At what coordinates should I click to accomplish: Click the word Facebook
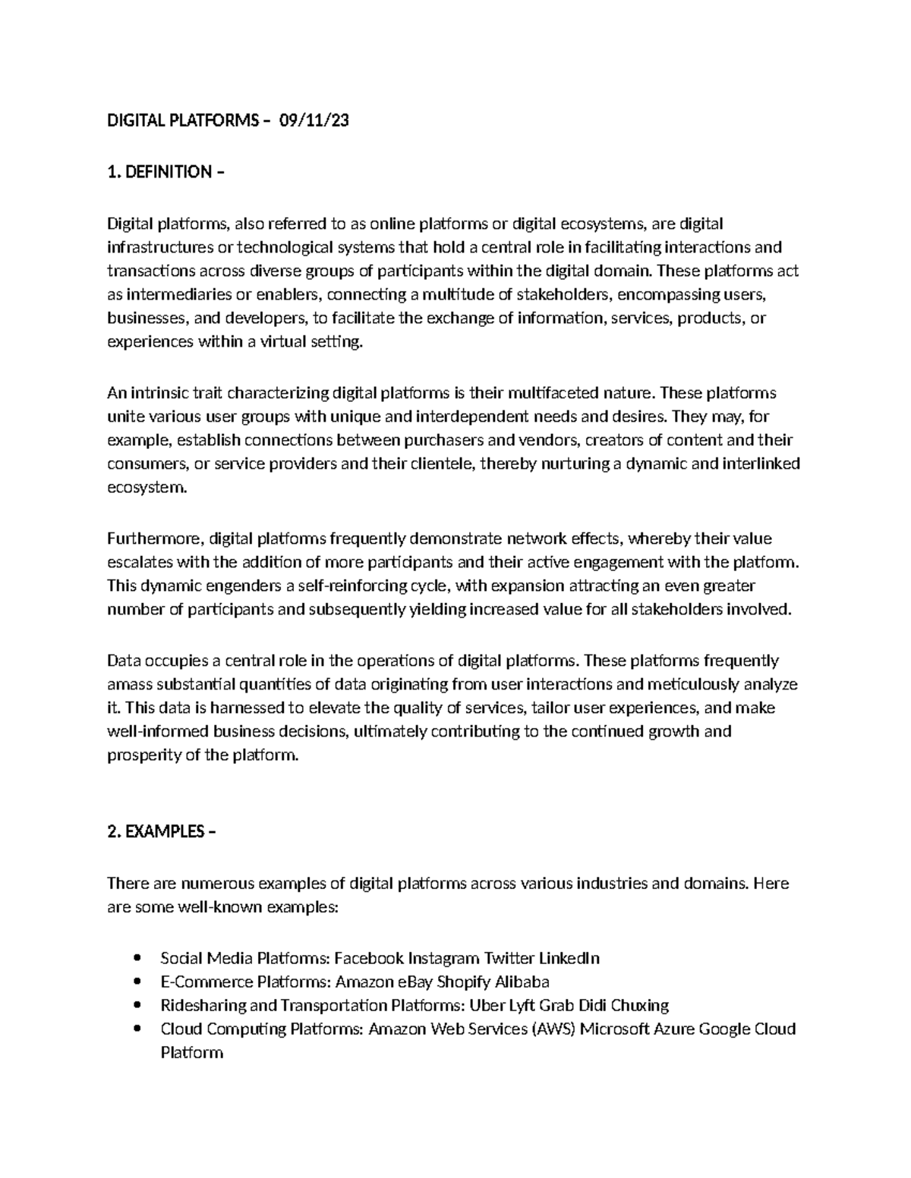[x=368, y=959]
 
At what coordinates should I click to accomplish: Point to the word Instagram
[x=443, y=959]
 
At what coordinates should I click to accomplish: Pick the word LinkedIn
[x=569, y=959]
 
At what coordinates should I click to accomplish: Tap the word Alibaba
[x=522, y=982]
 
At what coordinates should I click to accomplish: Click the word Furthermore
[x=154, y=539]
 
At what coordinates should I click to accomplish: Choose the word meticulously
[x=693, y=684]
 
